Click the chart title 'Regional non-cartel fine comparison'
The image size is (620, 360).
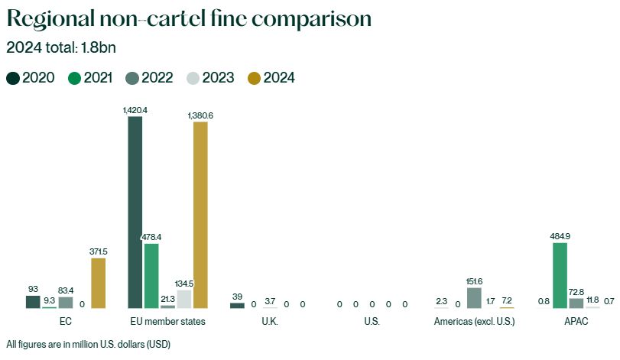pos(190,18)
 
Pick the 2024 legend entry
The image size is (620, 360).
pos(271,78)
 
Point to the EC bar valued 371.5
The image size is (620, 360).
pos(98,283)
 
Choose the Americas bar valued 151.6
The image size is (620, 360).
pos(474,298)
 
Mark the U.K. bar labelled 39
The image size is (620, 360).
pos(237,305)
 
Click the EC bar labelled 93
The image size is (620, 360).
pos(33,302)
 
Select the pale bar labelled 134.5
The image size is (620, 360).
pos(184,299)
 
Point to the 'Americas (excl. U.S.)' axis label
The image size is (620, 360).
pos(474,322)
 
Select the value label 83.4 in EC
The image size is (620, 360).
pos(66,290)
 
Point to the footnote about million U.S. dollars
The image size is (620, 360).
pos(88,344)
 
